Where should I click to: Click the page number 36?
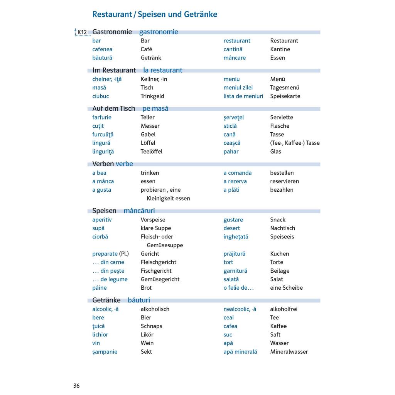tap(76, 386)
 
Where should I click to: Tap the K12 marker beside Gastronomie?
tap(82, 32)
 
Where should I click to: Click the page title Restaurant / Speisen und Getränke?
tap(155, 15)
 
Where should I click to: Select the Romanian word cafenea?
tap(102, 49)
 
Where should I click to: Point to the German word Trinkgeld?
tap(152, 96)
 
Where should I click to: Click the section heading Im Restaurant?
tap(114, 70)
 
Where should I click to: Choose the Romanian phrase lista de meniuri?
tap(243, 96)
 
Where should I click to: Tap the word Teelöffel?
tap(152, 152)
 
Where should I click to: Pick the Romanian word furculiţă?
tap(103, 135)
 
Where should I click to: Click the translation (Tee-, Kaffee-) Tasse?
tap(295, 143)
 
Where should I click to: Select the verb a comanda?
tap(237, 173)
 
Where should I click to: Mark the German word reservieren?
tap(284, 181)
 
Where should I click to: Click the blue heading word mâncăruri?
tap(139, 211)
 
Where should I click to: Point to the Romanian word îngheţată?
tap(236, 237)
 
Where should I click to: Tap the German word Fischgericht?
tap(156, 271)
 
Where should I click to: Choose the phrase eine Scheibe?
tap(286, 288)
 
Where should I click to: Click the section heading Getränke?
tap(106, 300)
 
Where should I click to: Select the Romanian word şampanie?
tap(105, 352)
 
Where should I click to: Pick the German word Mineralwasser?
tap(289, 352)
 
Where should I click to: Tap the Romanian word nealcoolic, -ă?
tap(240, 309)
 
